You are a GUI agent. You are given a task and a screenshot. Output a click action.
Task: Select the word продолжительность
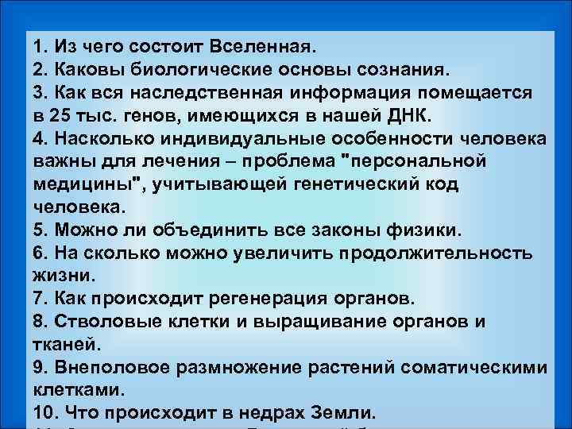click(436, 254)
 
